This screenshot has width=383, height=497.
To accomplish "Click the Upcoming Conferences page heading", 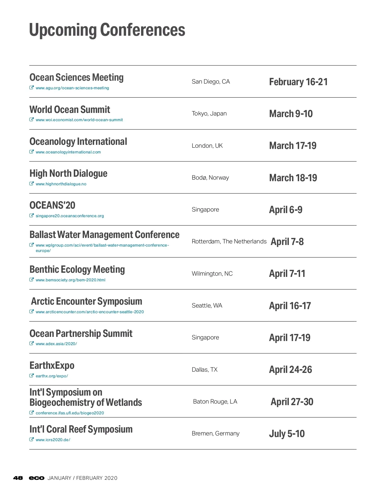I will [107, 30].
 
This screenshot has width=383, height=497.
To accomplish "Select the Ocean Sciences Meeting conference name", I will [76, 78].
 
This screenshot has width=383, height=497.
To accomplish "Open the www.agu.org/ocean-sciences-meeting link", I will [72, 88].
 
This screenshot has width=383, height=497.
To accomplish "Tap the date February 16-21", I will [298, 82].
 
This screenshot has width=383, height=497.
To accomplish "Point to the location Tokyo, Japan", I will [209, 114].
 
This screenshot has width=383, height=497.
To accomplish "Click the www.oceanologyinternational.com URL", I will [68, 152].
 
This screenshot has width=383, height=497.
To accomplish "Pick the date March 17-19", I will [293, 146].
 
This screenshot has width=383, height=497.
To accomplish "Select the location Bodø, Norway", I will [210, 178].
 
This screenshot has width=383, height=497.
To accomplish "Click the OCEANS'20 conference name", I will [52, 205].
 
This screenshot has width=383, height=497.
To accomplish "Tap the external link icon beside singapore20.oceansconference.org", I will [32, 216].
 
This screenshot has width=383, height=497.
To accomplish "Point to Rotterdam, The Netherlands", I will [229, 241].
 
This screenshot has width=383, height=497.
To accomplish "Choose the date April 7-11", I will [287, 274].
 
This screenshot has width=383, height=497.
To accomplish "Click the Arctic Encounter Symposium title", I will [86, 301].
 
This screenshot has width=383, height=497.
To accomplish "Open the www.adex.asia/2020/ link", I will [56, 344].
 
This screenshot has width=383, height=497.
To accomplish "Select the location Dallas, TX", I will [204, 370].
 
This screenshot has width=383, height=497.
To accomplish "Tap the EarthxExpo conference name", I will [52, 366].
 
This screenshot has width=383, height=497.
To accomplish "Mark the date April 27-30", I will [292, 402].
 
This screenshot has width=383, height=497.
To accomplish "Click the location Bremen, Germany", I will [215, 434].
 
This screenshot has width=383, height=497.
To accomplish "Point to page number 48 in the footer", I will [18, 478].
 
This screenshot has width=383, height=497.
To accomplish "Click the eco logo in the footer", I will [36, 478].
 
